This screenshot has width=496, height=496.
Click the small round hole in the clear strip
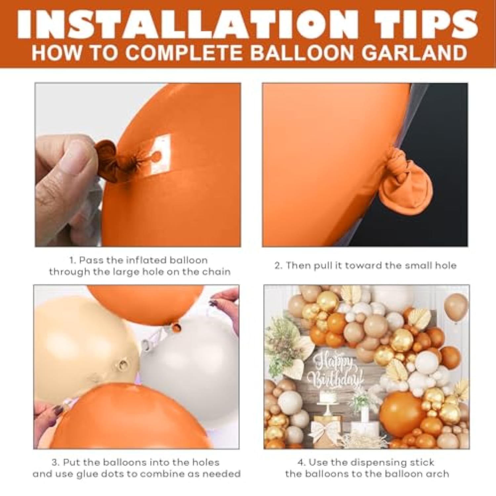(157, 155)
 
